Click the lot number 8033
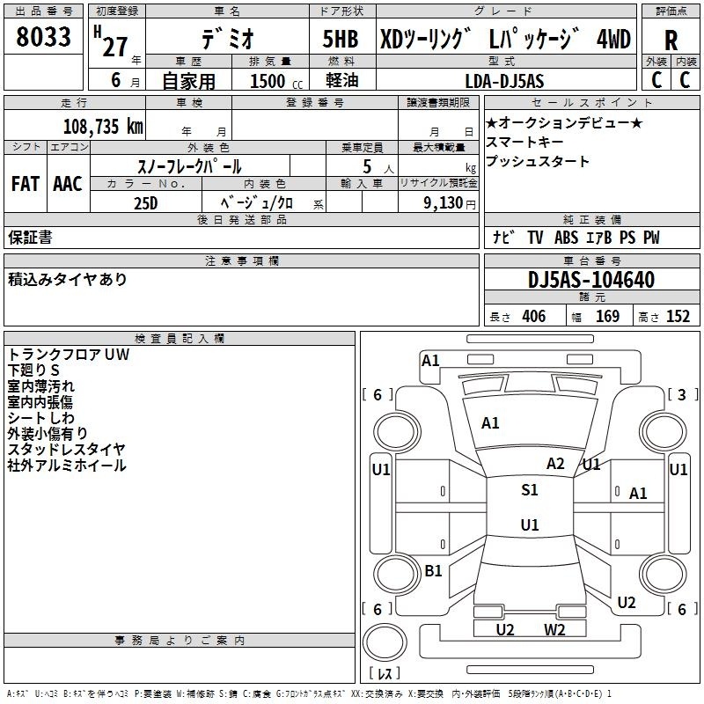coord(43,37)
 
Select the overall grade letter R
coord(671,40)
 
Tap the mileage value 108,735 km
coord(103,127)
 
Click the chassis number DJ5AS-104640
coord(591,280)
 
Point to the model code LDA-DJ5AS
coord(504,81)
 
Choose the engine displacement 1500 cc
coord(276,81)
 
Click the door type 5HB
coord(341,39)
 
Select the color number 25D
coord(146,203)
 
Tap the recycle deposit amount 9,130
coord(444,202)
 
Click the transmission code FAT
coord(26,184)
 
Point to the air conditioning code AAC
coord(68,184)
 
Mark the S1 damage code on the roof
coord(530,490)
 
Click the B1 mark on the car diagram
coord(433,570)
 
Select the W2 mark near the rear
coord(554,630)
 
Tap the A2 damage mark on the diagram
coord(555,464)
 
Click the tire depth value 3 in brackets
coord(682,394)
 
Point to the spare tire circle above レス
coord(385,642)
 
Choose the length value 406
coord(534,317)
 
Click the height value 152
coord(678,317)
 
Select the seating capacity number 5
coord(367,166)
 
